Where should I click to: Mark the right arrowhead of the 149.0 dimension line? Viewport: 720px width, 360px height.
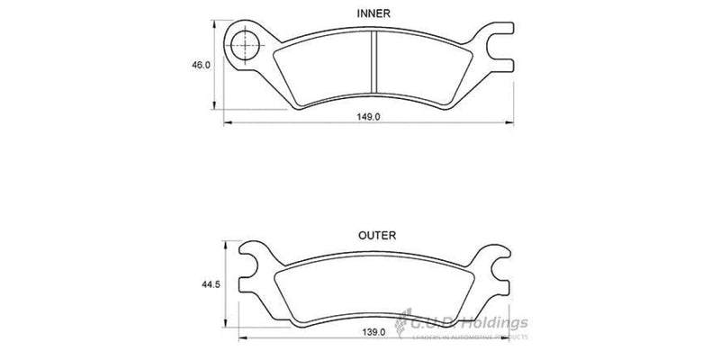coord(513,123)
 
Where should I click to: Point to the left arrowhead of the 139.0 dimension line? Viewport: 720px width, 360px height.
coord(241,339)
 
